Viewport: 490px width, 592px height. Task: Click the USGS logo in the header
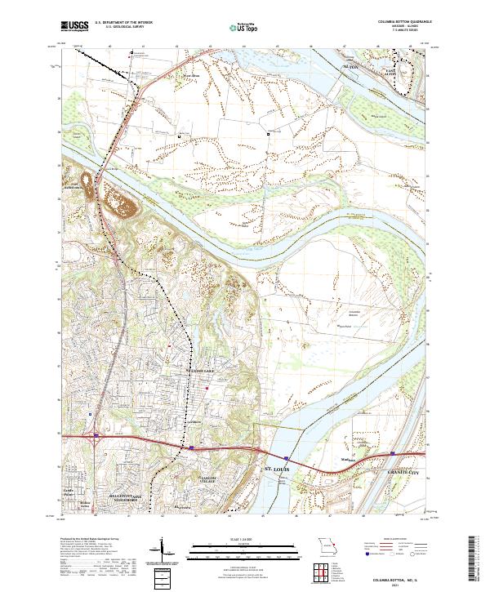[72, 26]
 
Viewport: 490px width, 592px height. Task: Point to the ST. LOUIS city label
[277, 470]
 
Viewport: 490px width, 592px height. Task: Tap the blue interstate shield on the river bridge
[287, 458]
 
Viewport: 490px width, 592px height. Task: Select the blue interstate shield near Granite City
[392, 450]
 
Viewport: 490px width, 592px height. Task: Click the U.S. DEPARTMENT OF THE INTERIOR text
[122, 23]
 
